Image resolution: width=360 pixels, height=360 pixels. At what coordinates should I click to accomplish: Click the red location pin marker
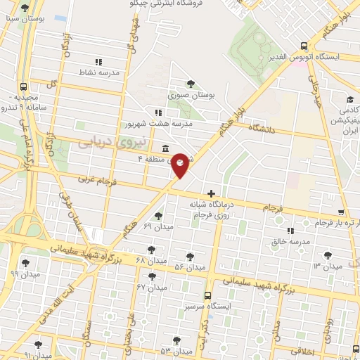tap(180, 165)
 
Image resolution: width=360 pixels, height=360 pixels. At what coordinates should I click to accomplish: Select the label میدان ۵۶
tap(189, 267)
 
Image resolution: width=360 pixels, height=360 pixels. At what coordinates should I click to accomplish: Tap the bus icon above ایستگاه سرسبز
tap(207, 296)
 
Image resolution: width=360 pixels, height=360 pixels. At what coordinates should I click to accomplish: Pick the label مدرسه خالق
tap(290, 241)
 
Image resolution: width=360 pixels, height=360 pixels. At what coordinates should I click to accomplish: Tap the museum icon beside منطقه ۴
tap(165, 148)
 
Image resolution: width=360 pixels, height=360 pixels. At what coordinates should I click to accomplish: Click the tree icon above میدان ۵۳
tap(176, 340)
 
